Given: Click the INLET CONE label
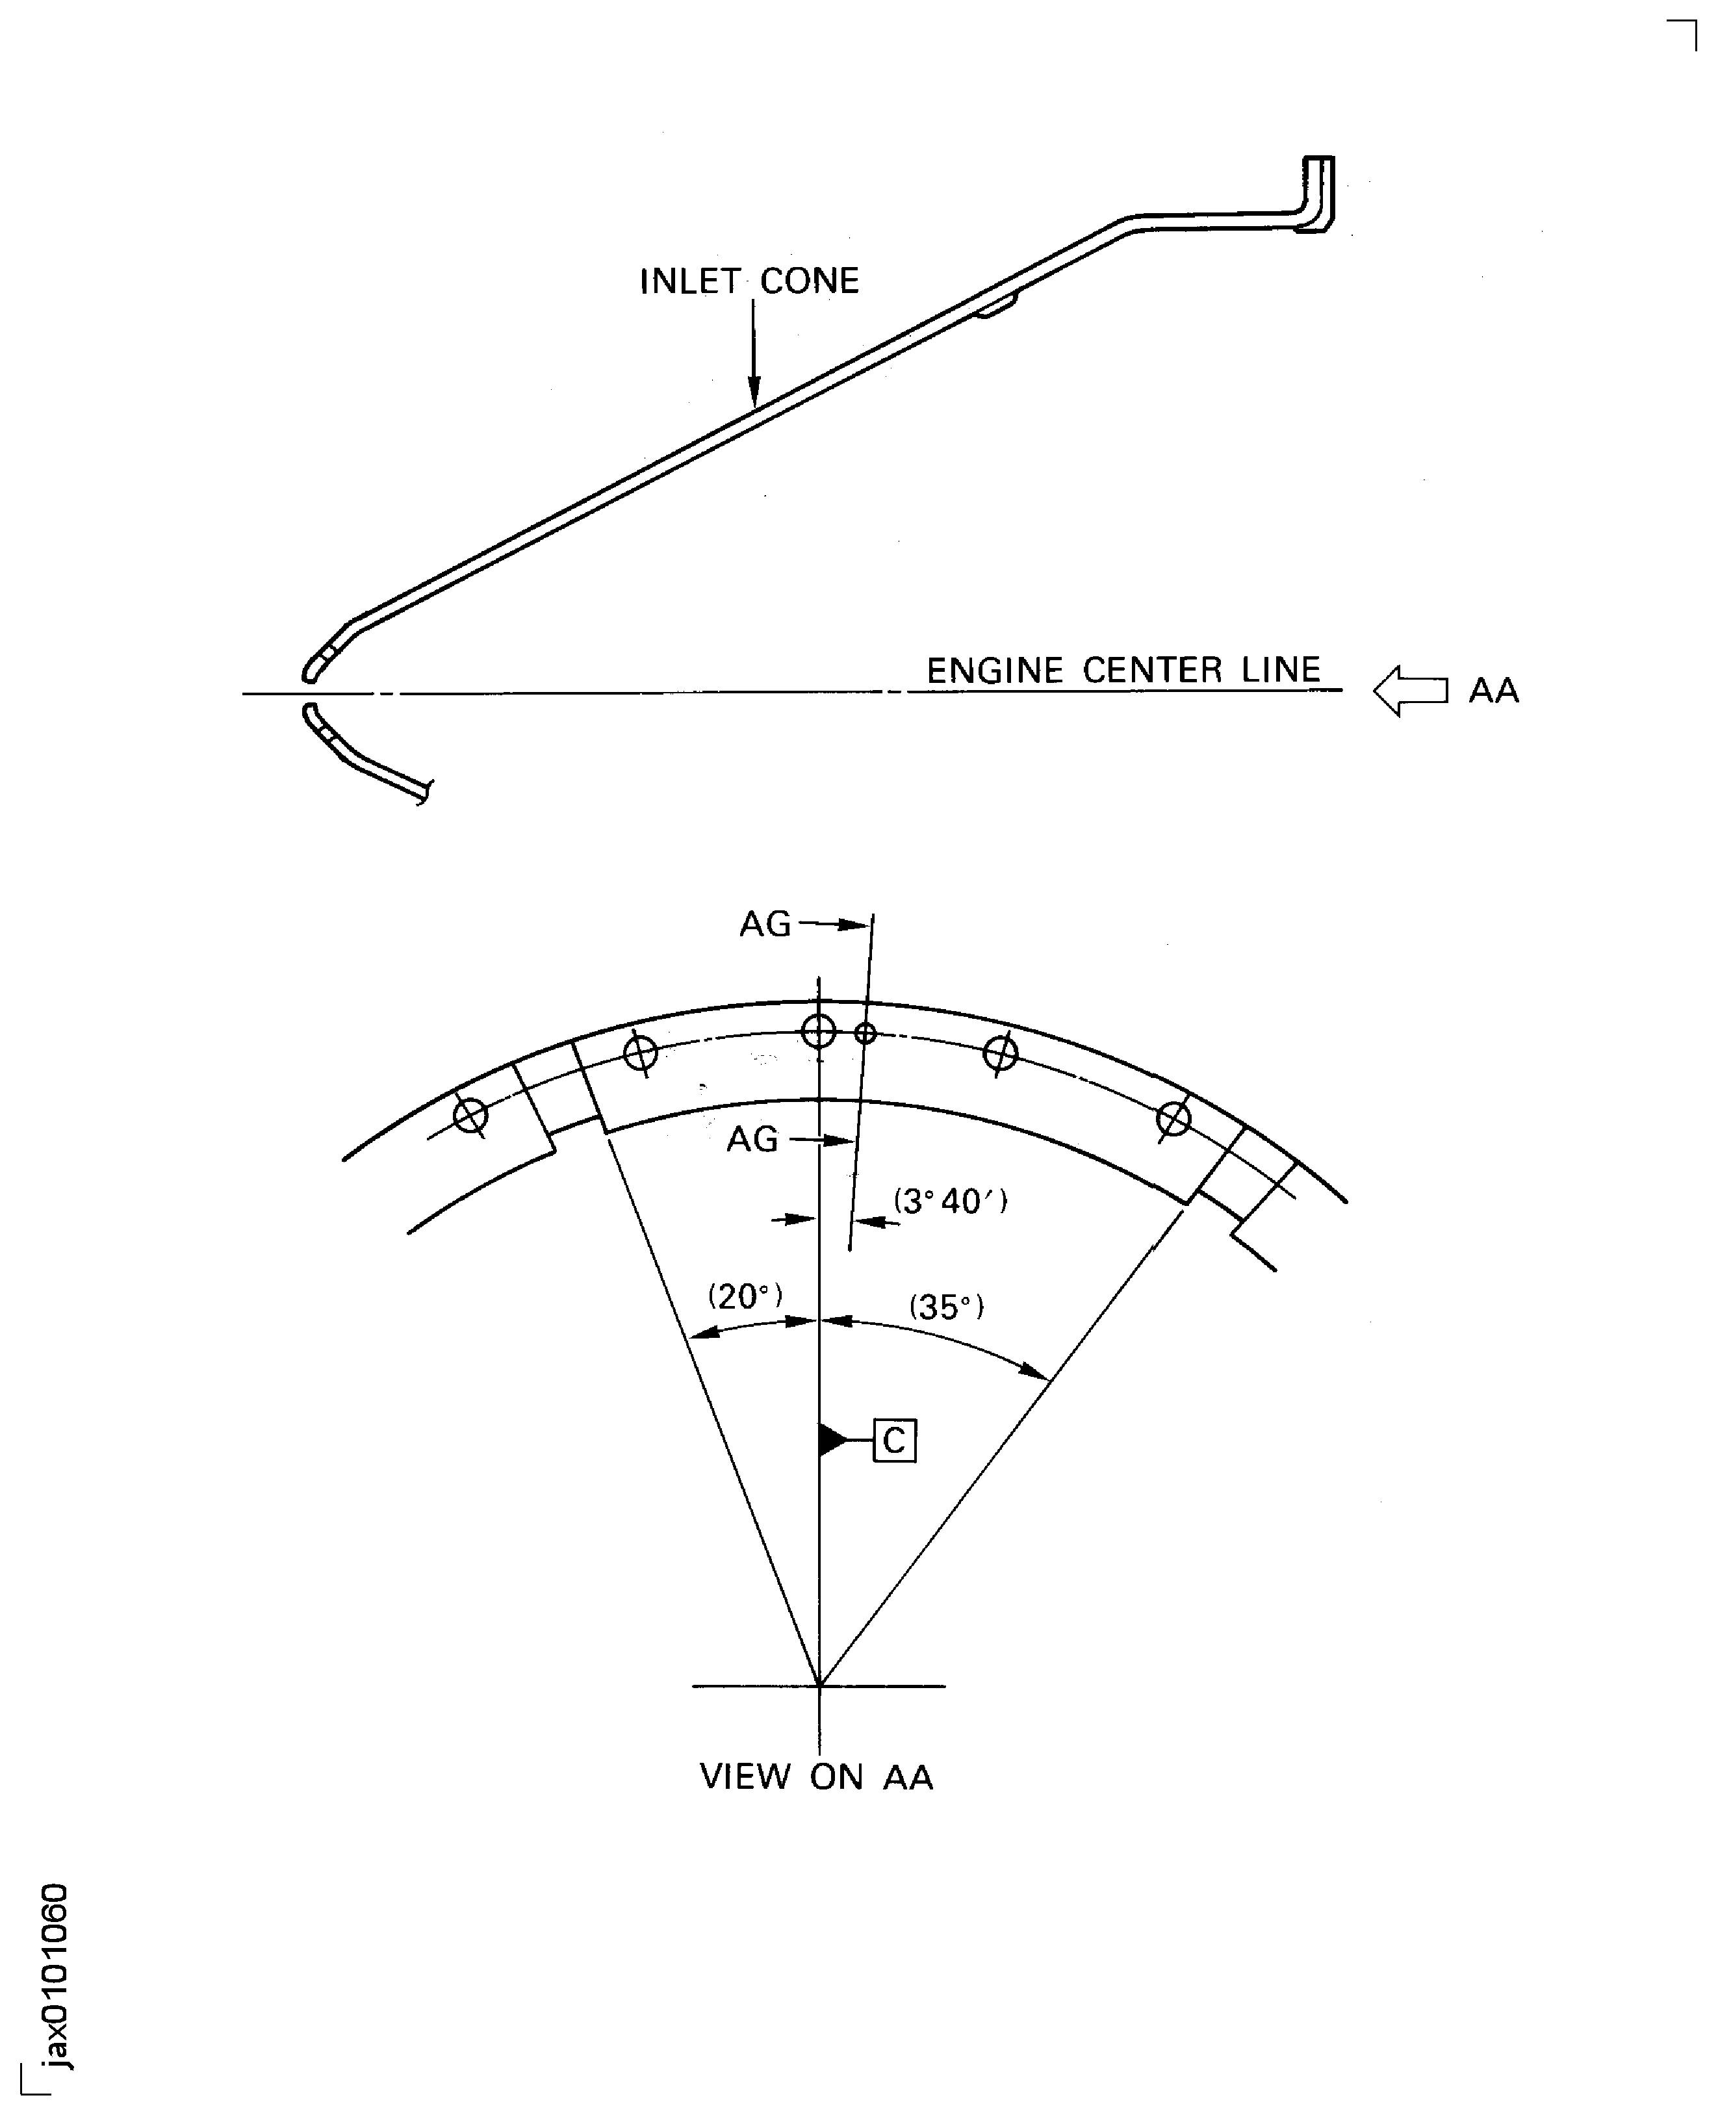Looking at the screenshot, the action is (749, 281).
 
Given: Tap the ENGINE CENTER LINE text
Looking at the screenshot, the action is (1123, 670).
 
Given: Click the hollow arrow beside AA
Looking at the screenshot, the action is (1410, 690).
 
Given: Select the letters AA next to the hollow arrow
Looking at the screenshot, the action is (1493, 691).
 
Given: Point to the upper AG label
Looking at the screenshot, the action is (765, 925).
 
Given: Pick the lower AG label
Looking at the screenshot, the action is (752, 1140).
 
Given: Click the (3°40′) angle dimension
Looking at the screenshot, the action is (950, 1201).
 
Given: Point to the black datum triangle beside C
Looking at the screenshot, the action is (833, 1440).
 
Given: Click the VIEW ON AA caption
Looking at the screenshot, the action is (817, 1776).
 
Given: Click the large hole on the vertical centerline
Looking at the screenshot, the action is (819, 1031).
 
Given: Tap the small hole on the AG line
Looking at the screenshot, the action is (865, 1033).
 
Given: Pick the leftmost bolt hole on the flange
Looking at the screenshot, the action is (470, 1116).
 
